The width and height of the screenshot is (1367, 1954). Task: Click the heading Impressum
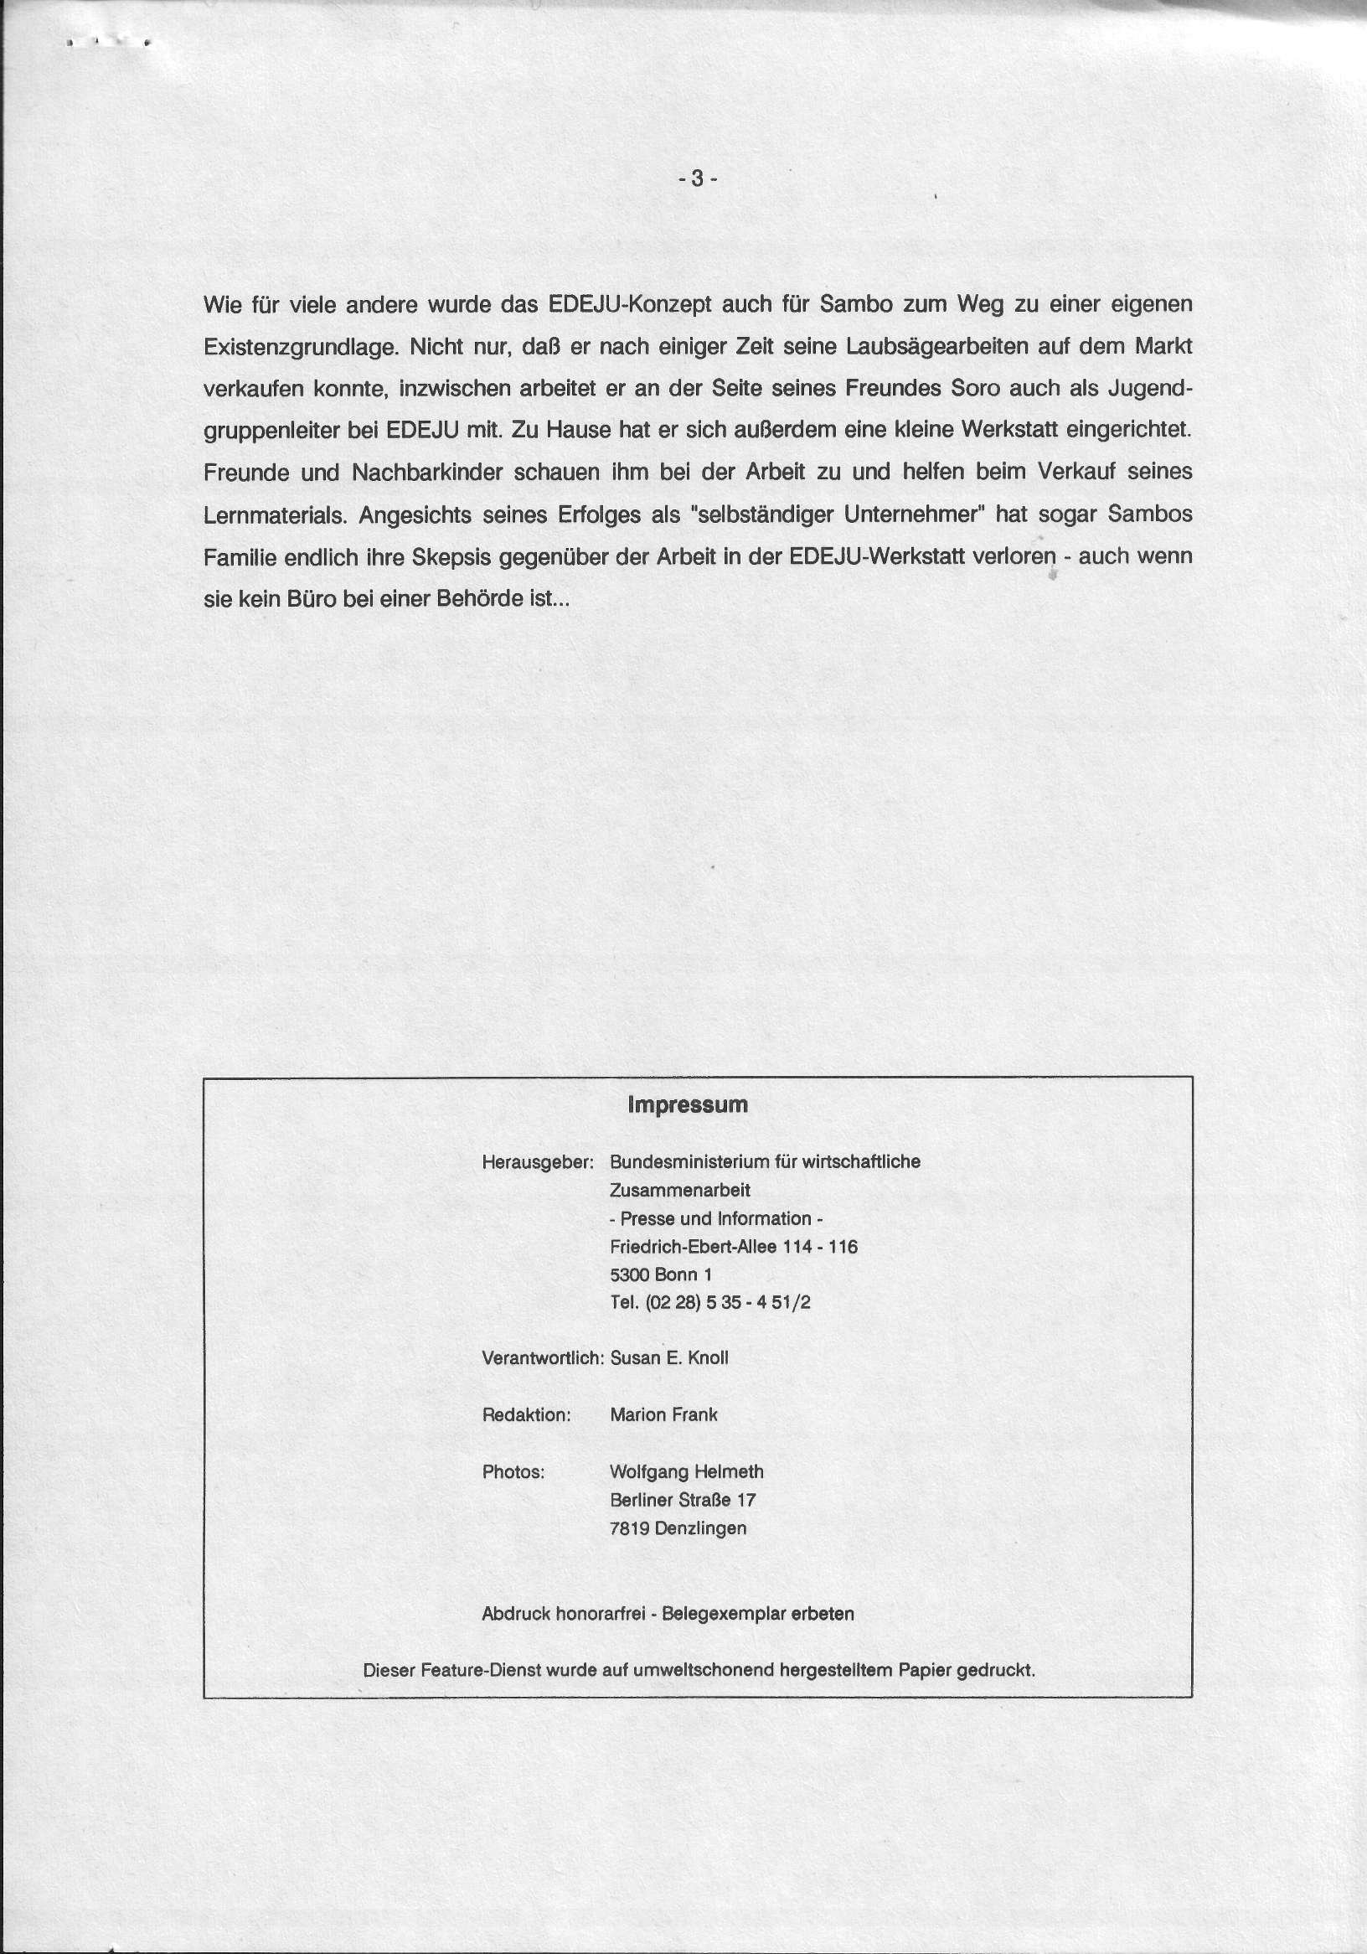tap(688, 1104)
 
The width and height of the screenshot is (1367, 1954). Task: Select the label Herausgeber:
tap(538, 1162)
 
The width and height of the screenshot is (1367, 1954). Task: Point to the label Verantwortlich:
tap(543, 1358)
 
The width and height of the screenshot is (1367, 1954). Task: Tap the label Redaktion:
tap(526, 1415)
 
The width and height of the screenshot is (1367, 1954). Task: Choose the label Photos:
tap(513, 1472)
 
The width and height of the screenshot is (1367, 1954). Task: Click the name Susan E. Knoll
tap(668, 1358)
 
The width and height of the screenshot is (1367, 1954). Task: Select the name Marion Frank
tap(663, 1415)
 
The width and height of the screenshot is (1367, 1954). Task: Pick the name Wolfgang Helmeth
tap(687, 1472)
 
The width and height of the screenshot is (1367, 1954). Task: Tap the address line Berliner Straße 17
tap(682, 1501)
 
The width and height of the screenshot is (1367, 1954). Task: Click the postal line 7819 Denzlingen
tap(678, 1528)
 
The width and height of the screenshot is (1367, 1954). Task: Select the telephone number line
tap(710, 1303)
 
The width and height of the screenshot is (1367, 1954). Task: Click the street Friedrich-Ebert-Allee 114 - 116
tap(733, 1247)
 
